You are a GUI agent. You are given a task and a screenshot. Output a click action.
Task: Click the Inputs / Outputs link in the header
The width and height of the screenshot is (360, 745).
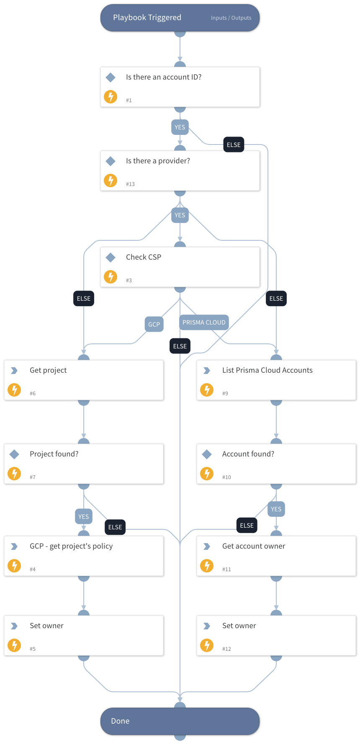pos(231,18)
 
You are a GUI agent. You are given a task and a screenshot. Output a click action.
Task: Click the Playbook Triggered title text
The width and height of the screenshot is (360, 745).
pos(147,18)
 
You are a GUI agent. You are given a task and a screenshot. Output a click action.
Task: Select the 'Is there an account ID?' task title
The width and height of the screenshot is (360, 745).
pos(164,77)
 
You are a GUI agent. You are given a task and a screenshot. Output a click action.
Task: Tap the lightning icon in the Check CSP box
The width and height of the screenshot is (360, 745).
pos(111,277)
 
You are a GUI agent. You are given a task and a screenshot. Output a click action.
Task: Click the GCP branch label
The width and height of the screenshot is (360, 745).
pos(154,324)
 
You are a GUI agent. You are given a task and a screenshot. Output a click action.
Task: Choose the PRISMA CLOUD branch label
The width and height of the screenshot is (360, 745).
pos(204,322)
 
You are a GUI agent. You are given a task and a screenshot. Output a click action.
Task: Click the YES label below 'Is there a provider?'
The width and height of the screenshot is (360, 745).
pos(180,215)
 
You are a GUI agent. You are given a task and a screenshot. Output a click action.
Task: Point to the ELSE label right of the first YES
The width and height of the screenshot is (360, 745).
pos(234,145)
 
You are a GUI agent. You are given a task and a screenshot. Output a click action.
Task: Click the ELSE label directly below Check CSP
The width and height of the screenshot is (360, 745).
pos(180,346)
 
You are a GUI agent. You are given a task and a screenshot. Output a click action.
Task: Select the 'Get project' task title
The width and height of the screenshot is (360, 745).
pos(48,370)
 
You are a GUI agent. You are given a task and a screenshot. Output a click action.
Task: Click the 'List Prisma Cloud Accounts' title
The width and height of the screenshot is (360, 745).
pos(267,370)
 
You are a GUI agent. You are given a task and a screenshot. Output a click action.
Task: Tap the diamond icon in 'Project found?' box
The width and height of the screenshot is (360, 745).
pos(14,454)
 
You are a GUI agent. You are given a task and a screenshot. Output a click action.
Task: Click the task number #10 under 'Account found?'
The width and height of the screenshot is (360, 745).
pos(226,477)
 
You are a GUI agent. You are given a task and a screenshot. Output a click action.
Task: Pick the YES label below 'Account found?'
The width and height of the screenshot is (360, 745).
pos(276,509)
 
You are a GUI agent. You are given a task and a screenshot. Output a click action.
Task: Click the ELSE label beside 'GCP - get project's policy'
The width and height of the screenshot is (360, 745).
pos(115,527)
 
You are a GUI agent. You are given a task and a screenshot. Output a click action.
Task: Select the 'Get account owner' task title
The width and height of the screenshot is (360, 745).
pos(254,546)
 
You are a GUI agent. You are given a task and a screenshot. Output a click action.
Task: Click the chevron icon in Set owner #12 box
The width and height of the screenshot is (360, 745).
pos(207,626)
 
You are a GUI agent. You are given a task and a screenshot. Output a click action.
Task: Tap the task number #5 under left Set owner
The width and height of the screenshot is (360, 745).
pos(33,649)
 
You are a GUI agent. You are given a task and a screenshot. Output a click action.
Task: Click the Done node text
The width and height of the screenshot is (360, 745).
pos(120,721)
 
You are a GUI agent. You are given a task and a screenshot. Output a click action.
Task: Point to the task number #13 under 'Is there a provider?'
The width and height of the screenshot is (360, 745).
pos(130,184)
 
